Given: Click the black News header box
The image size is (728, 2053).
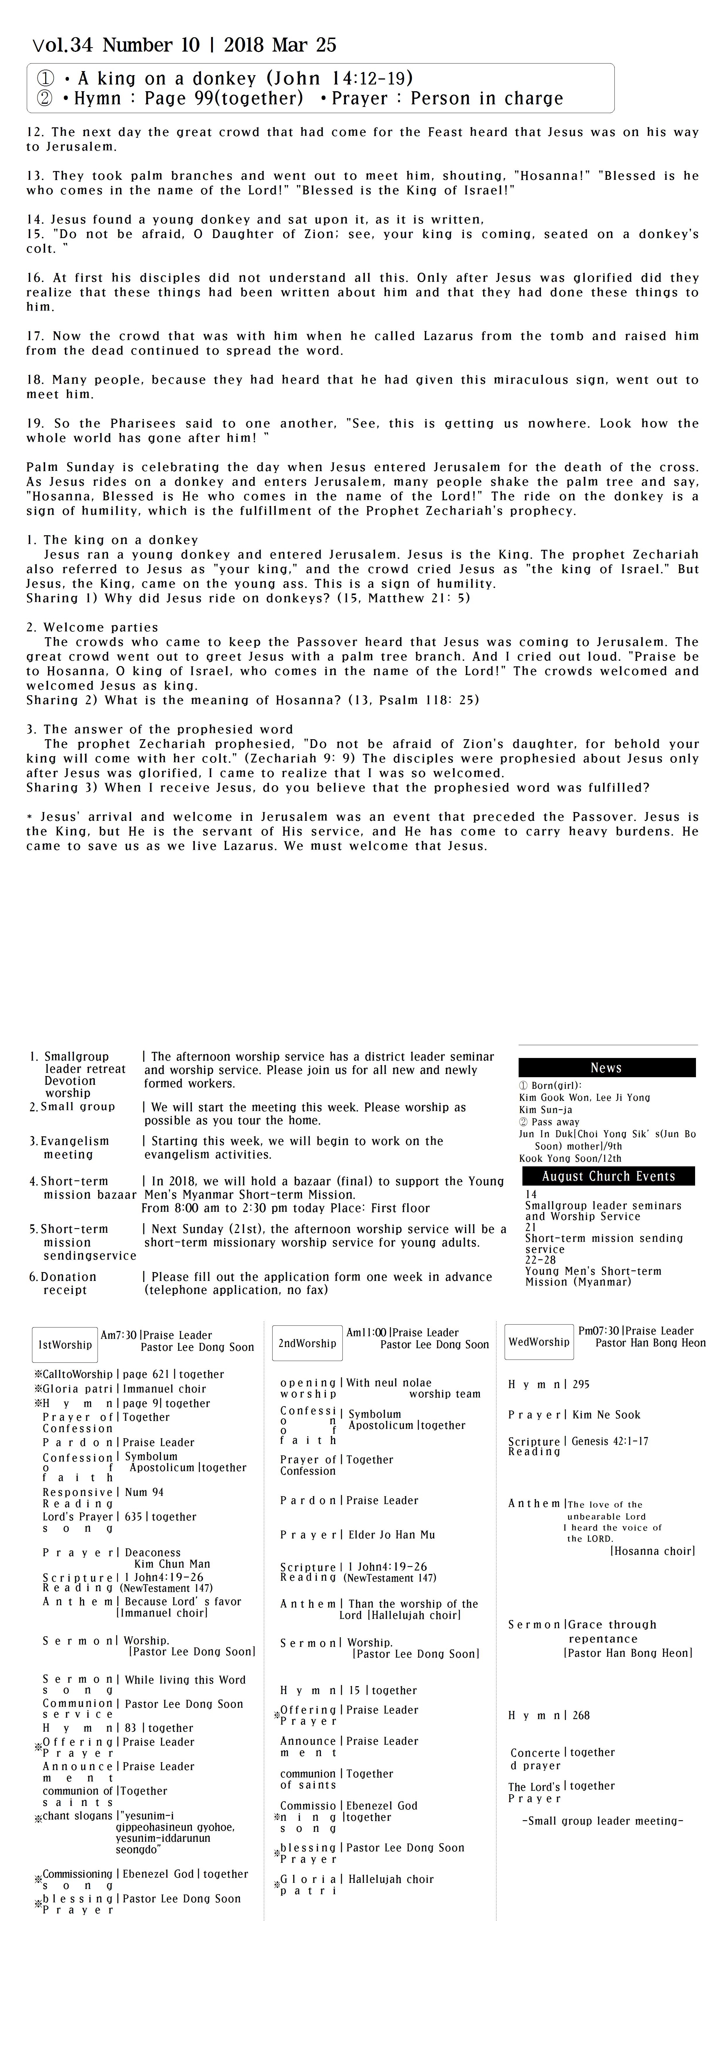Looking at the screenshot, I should click(x=606, y=1067).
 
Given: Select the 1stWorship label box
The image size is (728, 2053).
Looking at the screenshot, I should click(x=65, y=1344).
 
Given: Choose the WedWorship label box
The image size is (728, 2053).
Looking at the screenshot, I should click(x=538, y=1341).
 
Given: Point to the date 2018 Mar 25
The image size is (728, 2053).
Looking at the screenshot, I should click(x=280, y=45).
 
